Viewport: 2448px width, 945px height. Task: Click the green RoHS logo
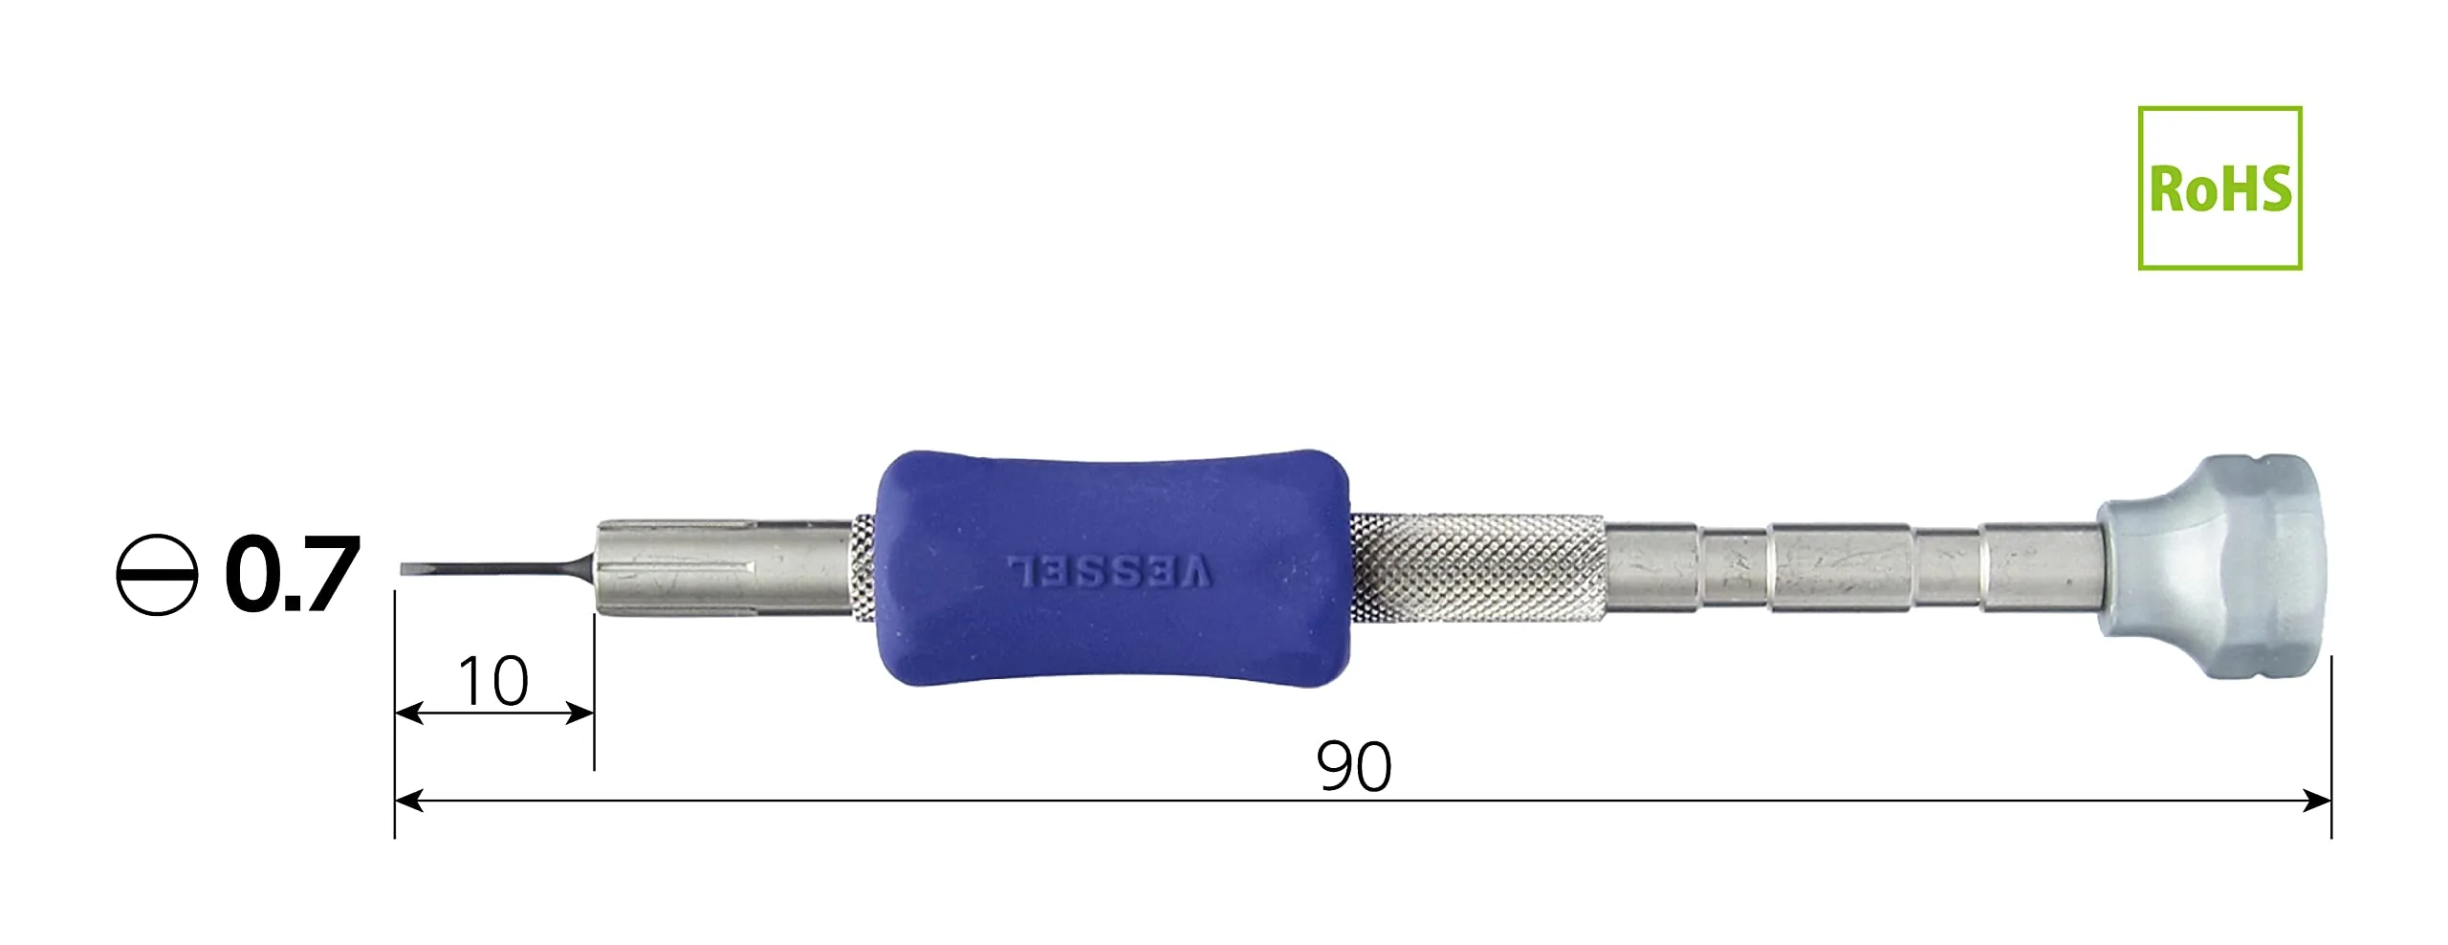pyautogui.click(x=2219, y=187)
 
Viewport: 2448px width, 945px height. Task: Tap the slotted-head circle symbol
pyautogui.click(x=157, y=574)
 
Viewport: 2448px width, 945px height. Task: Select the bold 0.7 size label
pyautogui.click(x=292, y=574)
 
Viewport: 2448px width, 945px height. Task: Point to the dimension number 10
pyautogui.click(x=493, y=681)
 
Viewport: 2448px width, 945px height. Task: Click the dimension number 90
pyautogui.click(x=1354, y=766)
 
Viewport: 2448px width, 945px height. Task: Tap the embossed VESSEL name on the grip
pyautogui.click(x=1111, y=571)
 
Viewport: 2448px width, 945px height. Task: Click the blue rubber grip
pyautogui.click(x=1114, y=568)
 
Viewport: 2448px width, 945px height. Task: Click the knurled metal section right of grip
pyautogui.click(x=1478, y=568)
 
